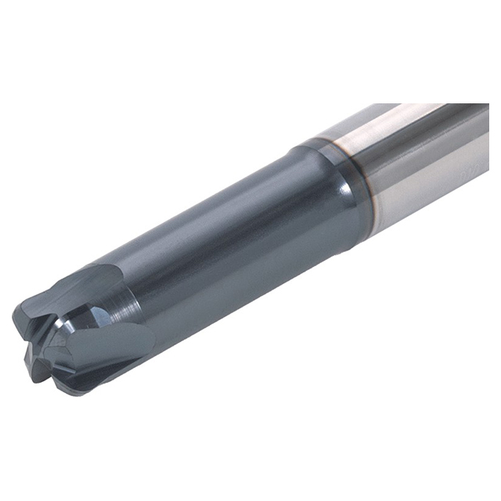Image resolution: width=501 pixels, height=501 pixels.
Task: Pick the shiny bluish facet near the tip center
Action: tap(97, 318)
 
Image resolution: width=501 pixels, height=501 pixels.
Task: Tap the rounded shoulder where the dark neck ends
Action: tap(344, 196)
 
